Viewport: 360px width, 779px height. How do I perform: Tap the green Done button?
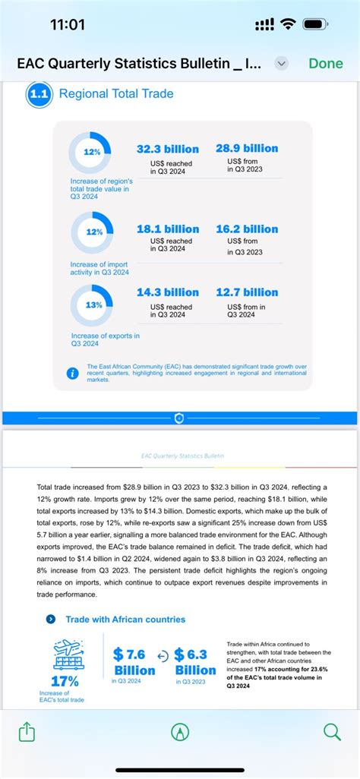(x=326, y=64)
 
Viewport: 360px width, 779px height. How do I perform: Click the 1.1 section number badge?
(x=38, y=94)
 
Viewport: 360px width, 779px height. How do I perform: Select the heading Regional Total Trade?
(x=116, y=94)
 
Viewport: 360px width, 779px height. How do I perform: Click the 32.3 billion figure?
(x=168, y=149)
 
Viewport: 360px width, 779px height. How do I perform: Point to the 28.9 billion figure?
(x=247, y=148)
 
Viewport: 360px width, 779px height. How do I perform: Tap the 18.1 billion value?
(x=168, y=229)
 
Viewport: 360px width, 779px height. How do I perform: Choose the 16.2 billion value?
(x=247, y=229)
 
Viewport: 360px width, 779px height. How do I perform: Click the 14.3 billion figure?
(x=168, y=292)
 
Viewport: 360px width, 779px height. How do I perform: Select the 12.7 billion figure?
(x=247, y=292)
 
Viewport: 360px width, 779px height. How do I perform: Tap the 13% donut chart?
(x=93, y=304)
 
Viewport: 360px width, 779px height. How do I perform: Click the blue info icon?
(x=73, y=374)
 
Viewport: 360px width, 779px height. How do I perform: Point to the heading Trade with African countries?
(x=125, y=619)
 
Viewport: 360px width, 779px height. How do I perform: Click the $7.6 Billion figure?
(x=134, y=662)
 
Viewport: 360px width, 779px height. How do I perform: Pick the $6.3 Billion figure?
(x=195, y=662)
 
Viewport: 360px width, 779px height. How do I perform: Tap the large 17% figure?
(x=64, y=680)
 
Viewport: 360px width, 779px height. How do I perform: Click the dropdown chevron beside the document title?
(x=281, y=64)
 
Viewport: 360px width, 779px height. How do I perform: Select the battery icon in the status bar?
(x=315, y=24)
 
